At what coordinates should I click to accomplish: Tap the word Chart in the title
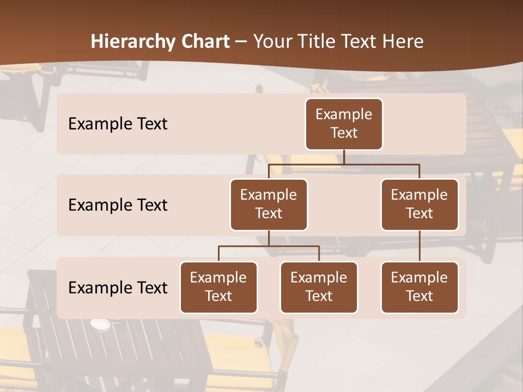203,41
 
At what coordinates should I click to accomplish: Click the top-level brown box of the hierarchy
344,124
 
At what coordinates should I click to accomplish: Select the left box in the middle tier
269,205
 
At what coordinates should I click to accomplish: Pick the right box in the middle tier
419,205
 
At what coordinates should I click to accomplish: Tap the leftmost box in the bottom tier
218,287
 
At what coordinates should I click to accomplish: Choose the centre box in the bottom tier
319,287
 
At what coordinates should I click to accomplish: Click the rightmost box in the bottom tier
419,287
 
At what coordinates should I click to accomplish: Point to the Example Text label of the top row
118,124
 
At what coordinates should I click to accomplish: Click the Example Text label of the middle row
118,205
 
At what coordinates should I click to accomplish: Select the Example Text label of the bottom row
118,288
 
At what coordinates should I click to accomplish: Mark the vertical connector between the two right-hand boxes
419,246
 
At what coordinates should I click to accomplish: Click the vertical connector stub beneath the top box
344,157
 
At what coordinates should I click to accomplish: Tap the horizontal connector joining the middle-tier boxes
344,164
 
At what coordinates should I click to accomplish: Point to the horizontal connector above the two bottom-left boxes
269,246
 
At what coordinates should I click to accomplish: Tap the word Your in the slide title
271,41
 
